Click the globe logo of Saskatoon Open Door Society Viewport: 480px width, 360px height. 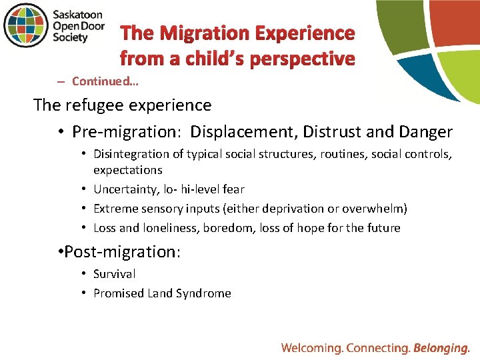[x=26, y=25]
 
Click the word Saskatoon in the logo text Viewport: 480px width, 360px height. [x=79, y=13]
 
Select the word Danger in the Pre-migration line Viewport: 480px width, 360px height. [x=426, y=132]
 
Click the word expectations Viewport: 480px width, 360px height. [x=128, y=170]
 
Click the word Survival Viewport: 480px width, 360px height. [x=115, y=274]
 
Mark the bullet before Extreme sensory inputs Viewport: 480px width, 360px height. [x=86, y=209]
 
